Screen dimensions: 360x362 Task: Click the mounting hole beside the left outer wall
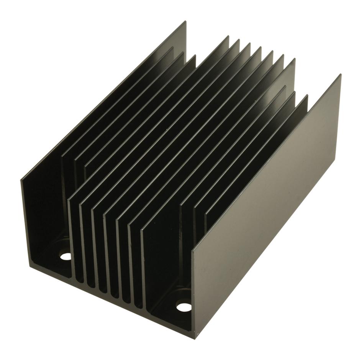click(66, 256)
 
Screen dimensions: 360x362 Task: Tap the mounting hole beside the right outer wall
click(183, 306)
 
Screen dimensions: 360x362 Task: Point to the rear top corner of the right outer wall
click(340, 75)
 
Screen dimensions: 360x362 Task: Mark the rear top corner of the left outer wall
click(186, 22)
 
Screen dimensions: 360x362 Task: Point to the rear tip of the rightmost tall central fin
click(294, 59)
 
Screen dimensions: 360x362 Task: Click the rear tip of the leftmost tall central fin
click(228, 37)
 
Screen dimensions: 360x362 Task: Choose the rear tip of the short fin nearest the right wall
click(307, 96)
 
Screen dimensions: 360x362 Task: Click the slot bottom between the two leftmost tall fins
click(78, 282)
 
